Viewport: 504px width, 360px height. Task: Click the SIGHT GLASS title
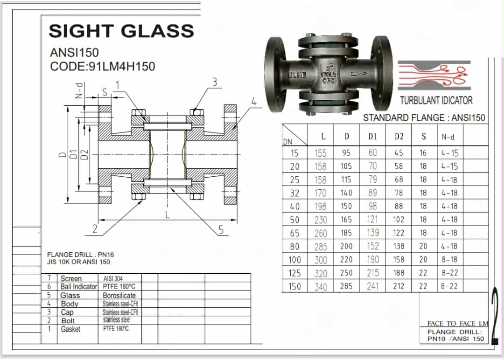[121, 31]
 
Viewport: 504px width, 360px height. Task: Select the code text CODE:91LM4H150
[103, 67]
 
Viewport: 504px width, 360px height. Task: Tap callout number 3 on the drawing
[214, 82]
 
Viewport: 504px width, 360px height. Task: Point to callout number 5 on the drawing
[221, 230]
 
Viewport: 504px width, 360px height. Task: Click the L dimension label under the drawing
[167, 215]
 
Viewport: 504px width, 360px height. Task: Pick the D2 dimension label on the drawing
[84, 154]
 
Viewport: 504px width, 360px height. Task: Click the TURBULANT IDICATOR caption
[436, 101]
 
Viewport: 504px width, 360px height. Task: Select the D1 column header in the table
[372, 137]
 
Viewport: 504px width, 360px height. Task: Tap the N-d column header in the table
[448, 137]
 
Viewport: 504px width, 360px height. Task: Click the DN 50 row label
[294, 220]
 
